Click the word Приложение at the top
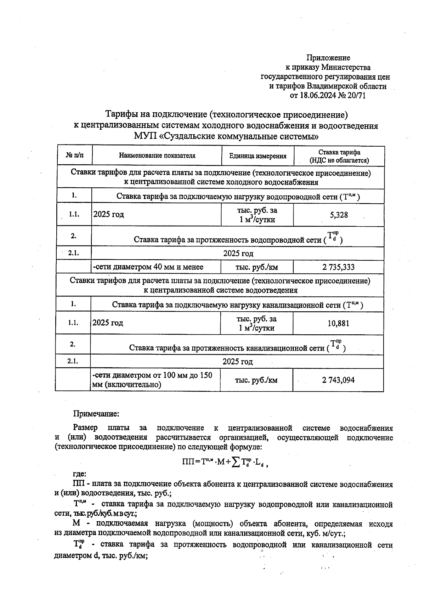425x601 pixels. [328, 58]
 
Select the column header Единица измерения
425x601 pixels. [257, 156]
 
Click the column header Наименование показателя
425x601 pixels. [157, 155]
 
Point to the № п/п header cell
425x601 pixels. [75, 155]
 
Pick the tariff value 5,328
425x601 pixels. [339, 215]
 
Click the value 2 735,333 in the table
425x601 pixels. [338, 267]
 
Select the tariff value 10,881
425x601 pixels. [338, 323]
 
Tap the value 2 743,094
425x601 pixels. [338, 380]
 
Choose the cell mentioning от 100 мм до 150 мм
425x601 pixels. [152, 380]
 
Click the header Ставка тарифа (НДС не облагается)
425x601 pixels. [339, 156]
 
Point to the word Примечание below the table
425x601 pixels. [96, 414]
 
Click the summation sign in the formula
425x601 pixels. [235, 461]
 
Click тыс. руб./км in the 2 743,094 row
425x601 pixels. [256, 380]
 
